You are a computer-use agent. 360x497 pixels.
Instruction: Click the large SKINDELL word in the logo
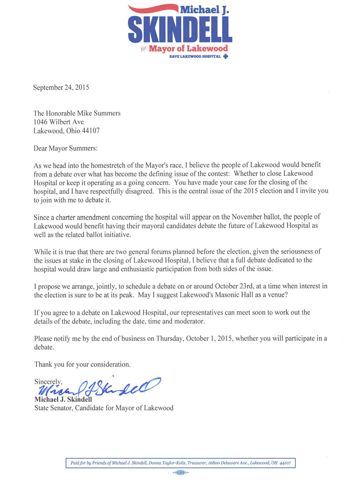[180, 29]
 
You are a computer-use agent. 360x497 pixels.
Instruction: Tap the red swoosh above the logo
[153, 8]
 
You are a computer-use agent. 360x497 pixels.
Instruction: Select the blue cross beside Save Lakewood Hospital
[226, 57]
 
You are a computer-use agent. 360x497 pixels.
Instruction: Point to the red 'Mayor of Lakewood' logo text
[188, 49]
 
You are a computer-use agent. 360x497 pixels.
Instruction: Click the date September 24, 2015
[61, 87]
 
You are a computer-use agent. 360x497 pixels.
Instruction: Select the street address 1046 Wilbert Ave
[59, 122]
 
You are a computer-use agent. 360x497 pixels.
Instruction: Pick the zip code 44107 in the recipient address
[91, 131]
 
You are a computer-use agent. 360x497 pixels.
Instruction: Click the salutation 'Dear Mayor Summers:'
[66, 148]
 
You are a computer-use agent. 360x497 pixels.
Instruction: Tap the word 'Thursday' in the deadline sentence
[169, 338]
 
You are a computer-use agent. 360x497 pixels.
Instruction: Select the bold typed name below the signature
[63, 399]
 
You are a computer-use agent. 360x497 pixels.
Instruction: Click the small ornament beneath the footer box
[180, 473]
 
